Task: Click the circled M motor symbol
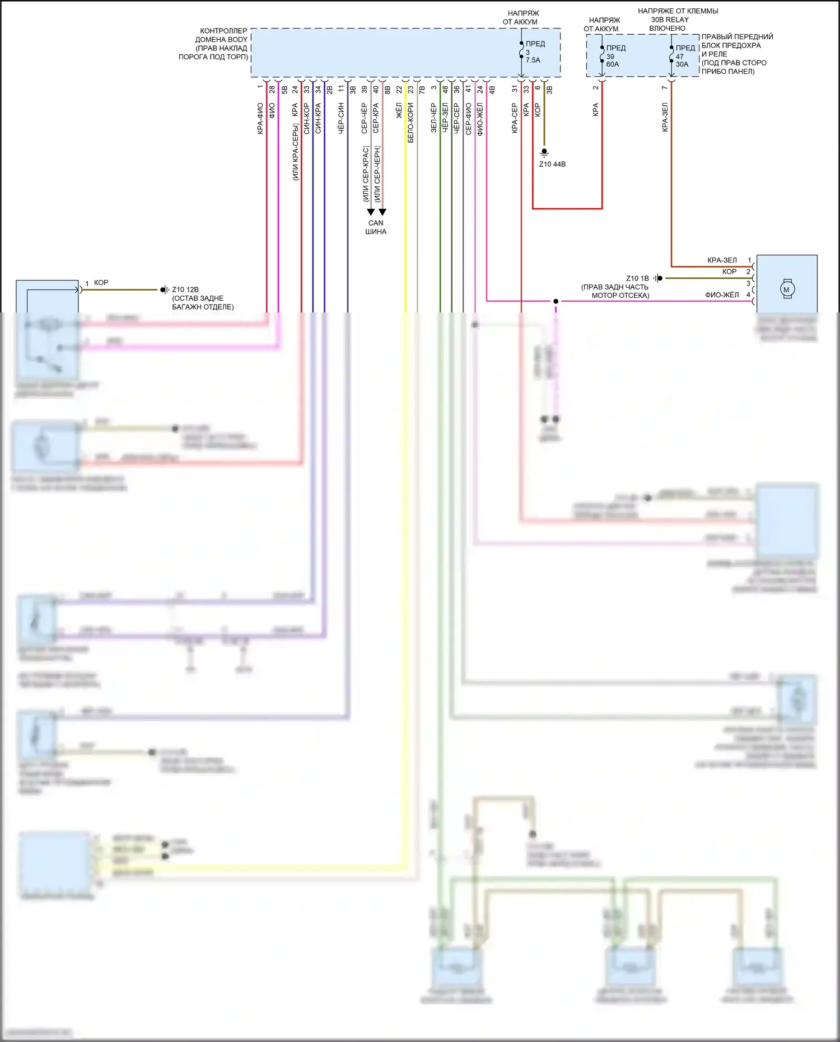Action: pos(786,289)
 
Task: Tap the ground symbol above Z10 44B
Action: pos(544,152)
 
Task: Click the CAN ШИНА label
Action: pos(376,227)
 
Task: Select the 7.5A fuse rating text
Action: pos(533,60)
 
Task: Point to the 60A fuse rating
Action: pos(613,64)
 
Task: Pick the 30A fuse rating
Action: pos(682,64)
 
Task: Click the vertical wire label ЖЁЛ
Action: pos(399,110)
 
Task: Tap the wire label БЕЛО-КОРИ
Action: pos(410,123)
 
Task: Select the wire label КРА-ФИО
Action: pos(260,119)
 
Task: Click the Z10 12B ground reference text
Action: pos(185,289)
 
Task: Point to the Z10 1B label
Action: pos(637,278)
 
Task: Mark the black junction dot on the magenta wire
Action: pos(556,301)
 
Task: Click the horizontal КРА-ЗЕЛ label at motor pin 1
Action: pos(722,260)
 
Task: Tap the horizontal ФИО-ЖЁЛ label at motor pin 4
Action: pos(722,295)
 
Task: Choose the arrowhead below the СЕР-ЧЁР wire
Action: pos(371,212)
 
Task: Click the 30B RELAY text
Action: pos(670,20)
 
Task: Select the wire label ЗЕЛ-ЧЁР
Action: pos(434,118)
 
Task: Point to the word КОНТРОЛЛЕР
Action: pos(223,31)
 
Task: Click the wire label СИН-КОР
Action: pos(307,118)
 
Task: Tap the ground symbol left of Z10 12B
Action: pos(165,289)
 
